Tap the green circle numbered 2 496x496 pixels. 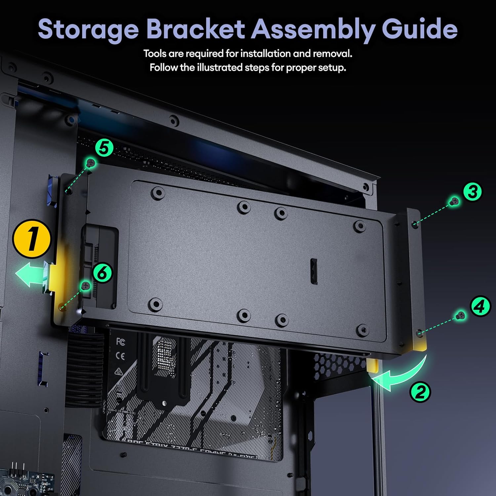coord(420,392)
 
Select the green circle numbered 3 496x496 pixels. coord(473,191)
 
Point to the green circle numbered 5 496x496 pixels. coord(104,148)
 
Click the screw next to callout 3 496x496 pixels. coord(455,201)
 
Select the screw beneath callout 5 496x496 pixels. coord(91,162)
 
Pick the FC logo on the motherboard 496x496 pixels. coord(121,342)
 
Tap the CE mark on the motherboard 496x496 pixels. coord(121,356)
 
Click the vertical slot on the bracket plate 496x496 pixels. coord(314,271)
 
